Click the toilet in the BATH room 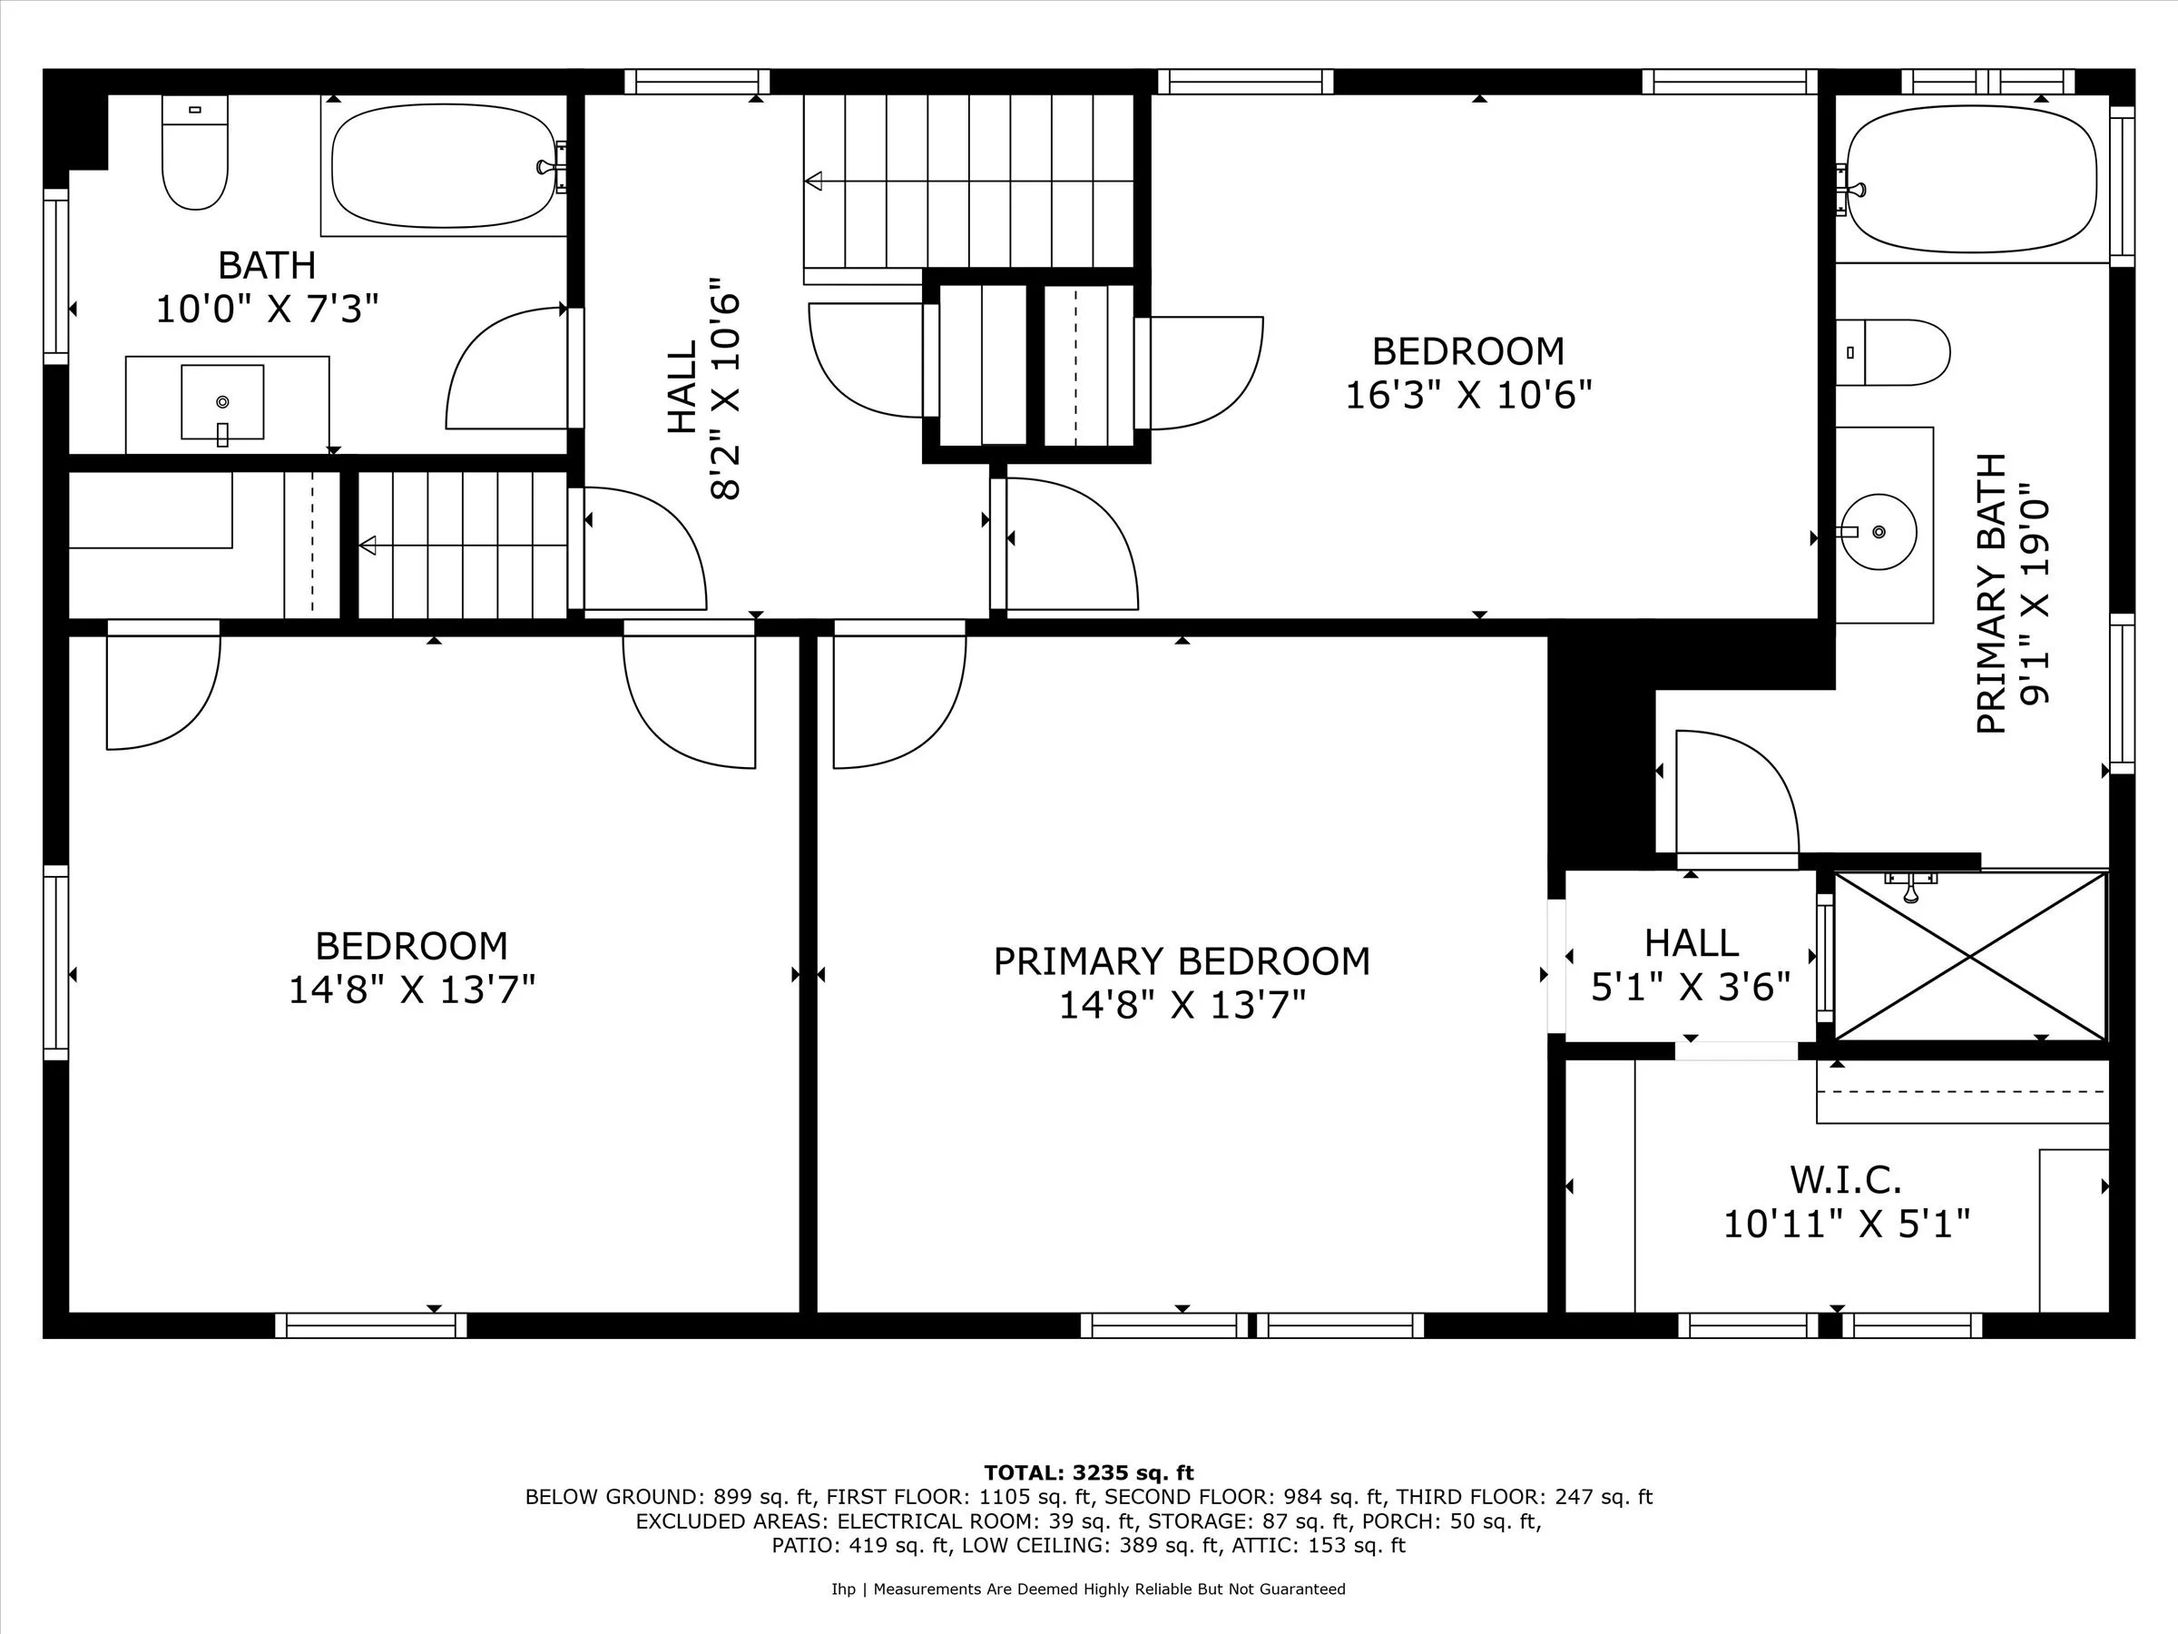tap(194, 158)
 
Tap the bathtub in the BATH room tap(443, 166)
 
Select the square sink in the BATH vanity tap(222, 402)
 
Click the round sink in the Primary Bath tap(1879, 532)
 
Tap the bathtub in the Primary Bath tap(1973, 179)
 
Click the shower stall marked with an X tap(1970, 955)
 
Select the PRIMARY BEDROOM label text tap(1182, 961)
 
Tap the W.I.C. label tap(1845, 1179)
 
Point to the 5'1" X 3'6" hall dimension tap(1691, 986)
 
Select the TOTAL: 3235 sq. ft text tap(1088, 1472)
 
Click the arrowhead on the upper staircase tap(813, 182)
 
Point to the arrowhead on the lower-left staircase tap(368, 545)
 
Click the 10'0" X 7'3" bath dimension tap(267, 310)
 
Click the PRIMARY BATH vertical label tap(1991, 594)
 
